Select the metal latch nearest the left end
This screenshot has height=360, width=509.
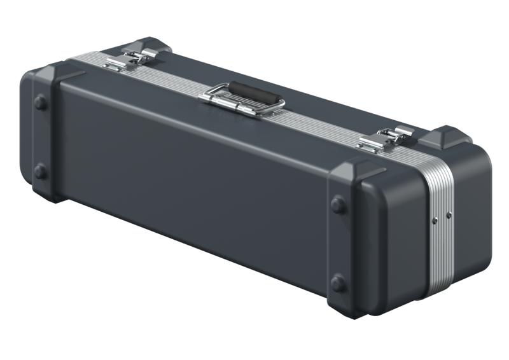[130, 59]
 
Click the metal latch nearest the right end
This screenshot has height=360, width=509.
[384, 139]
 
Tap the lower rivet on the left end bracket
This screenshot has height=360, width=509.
[40, 170]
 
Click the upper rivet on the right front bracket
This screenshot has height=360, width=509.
[338, 205]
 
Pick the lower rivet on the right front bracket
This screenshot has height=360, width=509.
[338, 282]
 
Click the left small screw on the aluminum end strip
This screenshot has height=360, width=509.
[435, 219]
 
